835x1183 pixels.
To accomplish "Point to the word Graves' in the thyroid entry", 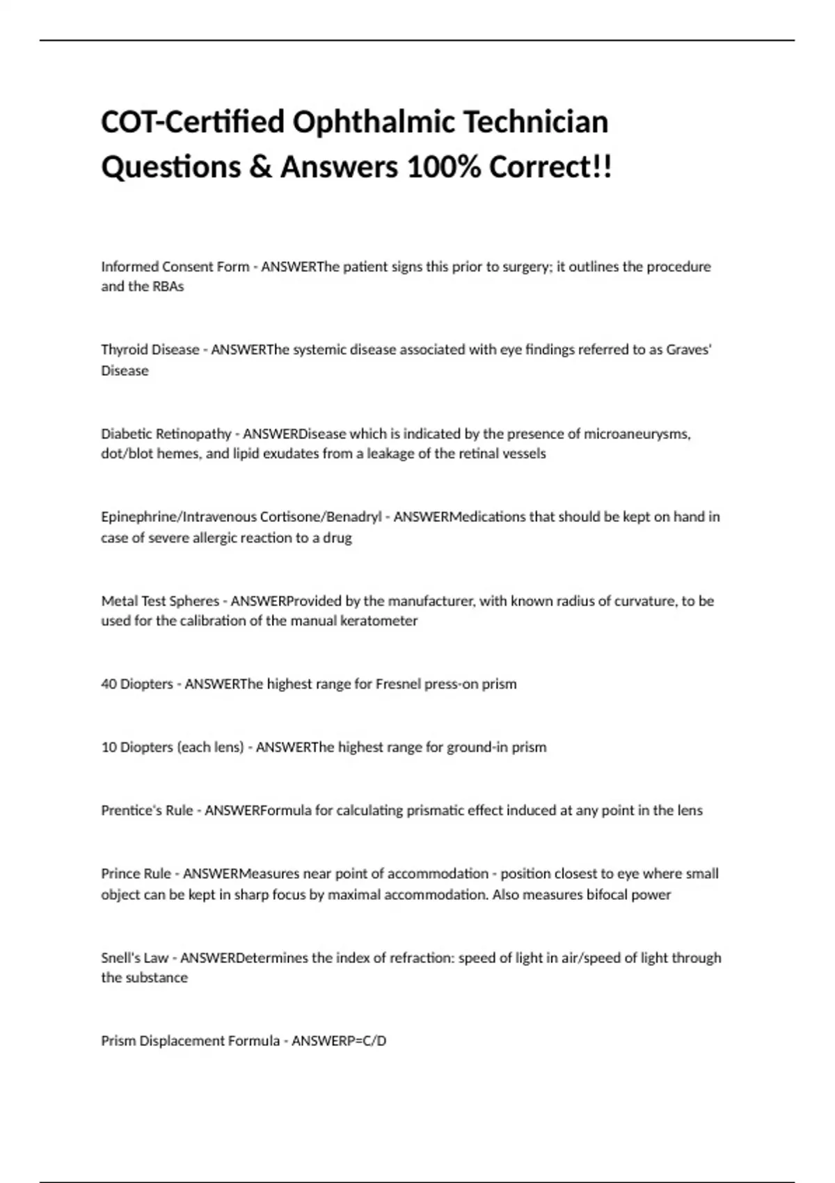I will pos(689,349).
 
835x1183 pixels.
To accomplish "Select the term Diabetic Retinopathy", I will pos(166,434).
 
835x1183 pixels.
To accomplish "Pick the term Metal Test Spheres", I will pos(160,601).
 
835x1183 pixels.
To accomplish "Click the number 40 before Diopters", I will pos(109,684).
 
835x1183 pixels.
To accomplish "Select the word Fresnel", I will pos(398,684).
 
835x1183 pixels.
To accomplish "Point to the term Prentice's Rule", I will pos(147,811).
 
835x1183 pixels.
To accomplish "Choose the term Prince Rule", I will pos(136,874).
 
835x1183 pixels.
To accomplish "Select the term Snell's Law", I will pos(134,958).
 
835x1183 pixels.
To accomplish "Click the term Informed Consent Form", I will pos(175,267).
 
